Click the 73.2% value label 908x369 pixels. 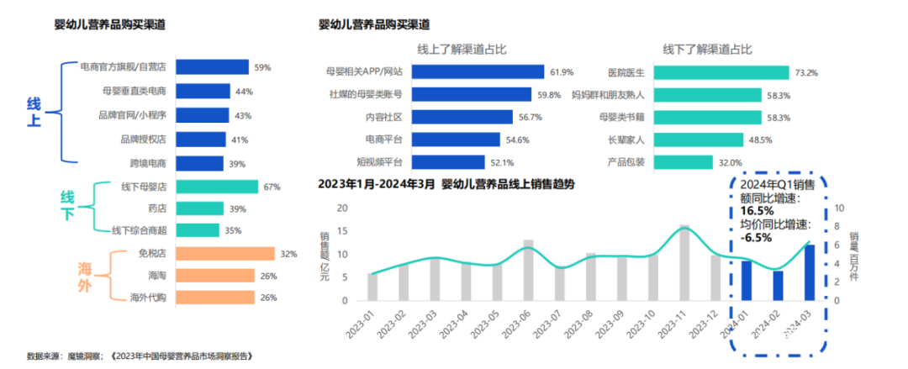point(805,72)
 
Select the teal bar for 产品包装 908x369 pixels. point(664,161)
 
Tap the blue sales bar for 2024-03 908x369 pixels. point(810,273)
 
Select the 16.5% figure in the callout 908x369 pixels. point(756,211)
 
